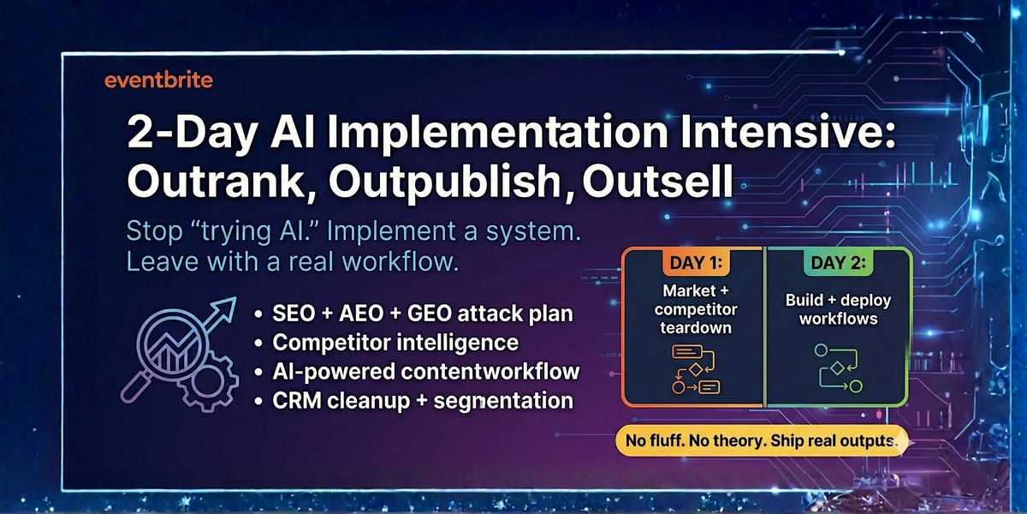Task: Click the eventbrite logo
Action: (x=158, y=81)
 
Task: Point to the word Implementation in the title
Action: (x=497, y=133)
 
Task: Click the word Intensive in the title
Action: (x=787, y=132)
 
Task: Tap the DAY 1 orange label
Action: (x=696, y=262)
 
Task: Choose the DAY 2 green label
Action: (x=838, y=262)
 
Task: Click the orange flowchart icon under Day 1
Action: (x=695, y=369)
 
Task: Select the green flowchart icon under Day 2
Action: (x=838, y=368)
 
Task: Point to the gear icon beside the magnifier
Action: (x=209, y=382)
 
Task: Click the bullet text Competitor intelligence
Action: (x=395, y=343)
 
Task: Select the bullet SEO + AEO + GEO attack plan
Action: (x=423, y=314)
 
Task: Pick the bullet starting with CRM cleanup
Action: (x=423, y=401)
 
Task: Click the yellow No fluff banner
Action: (x=761, y=440)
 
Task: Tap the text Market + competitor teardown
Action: (x=696, y=309)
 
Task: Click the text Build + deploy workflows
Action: (x=838, y=309)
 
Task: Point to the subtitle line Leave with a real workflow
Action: (x=293, y=262)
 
